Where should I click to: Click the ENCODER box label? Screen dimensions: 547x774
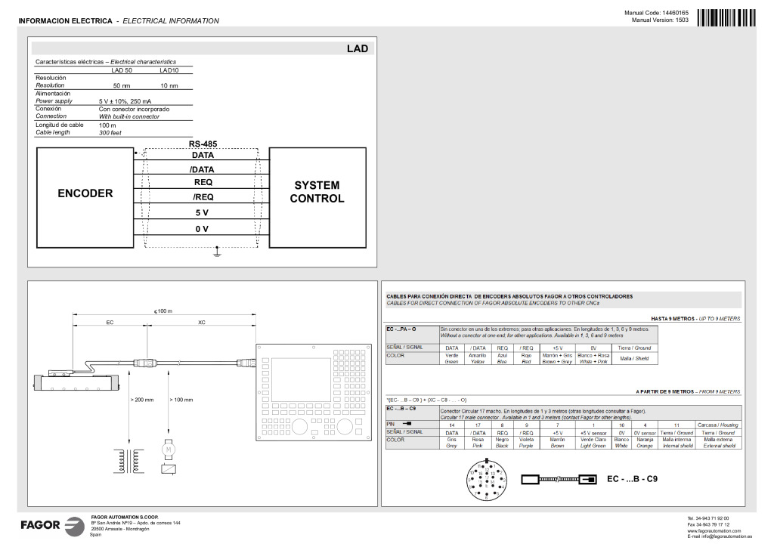coord(85,193)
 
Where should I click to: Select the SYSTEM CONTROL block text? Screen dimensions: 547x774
coord(317,192)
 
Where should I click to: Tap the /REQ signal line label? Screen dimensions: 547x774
coord(203,197)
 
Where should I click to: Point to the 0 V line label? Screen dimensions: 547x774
coord(202,228)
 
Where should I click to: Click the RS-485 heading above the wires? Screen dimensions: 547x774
coord(203,144)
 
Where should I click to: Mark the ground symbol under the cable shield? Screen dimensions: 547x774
coord(217,253)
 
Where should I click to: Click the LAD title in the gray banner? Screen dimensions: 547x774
coord(357,48)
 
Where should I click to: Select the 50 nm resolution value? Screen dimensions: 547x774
coord(121,86)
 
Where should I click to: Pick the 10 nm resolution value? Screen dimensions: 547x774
coord(169,86)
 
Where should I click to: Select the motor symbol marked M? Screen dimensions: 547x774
coord(167,449)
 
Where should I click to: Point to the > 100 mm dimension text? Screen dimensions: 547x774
coord(181,399)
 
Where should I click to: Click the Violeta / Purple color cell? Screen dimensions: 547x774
coord(526,442)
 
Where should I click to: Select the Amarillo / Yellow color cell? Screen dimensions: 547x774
coord(477,358)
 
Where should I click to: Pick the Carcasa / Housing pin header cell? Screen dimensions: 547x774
coord(718,425)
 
